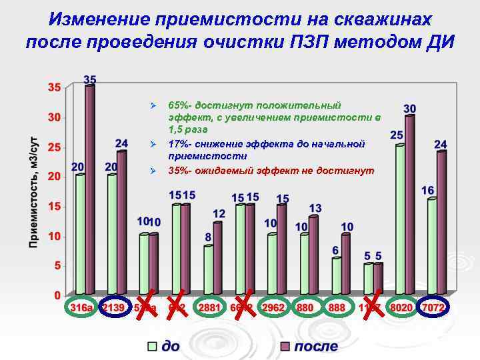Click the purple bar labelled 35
(x=90, y=190)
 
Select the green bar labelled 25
(x=399, y=220)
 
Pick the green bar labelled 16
(x=432, y=247)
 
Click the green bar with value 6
(x=336, y=276)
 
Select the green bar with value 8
(x=208, y=270)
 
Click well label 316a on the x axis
(x=81, y=309)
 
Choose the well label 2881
(x=209, y=309)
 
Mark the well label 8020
(x=401, y=309)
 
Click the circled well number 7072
(x=433, y=309)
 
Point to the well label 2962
(x=273, y=309)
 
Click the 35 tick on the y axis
(x=53, y=87)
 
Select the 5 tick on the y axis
(x=57, y=265)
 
